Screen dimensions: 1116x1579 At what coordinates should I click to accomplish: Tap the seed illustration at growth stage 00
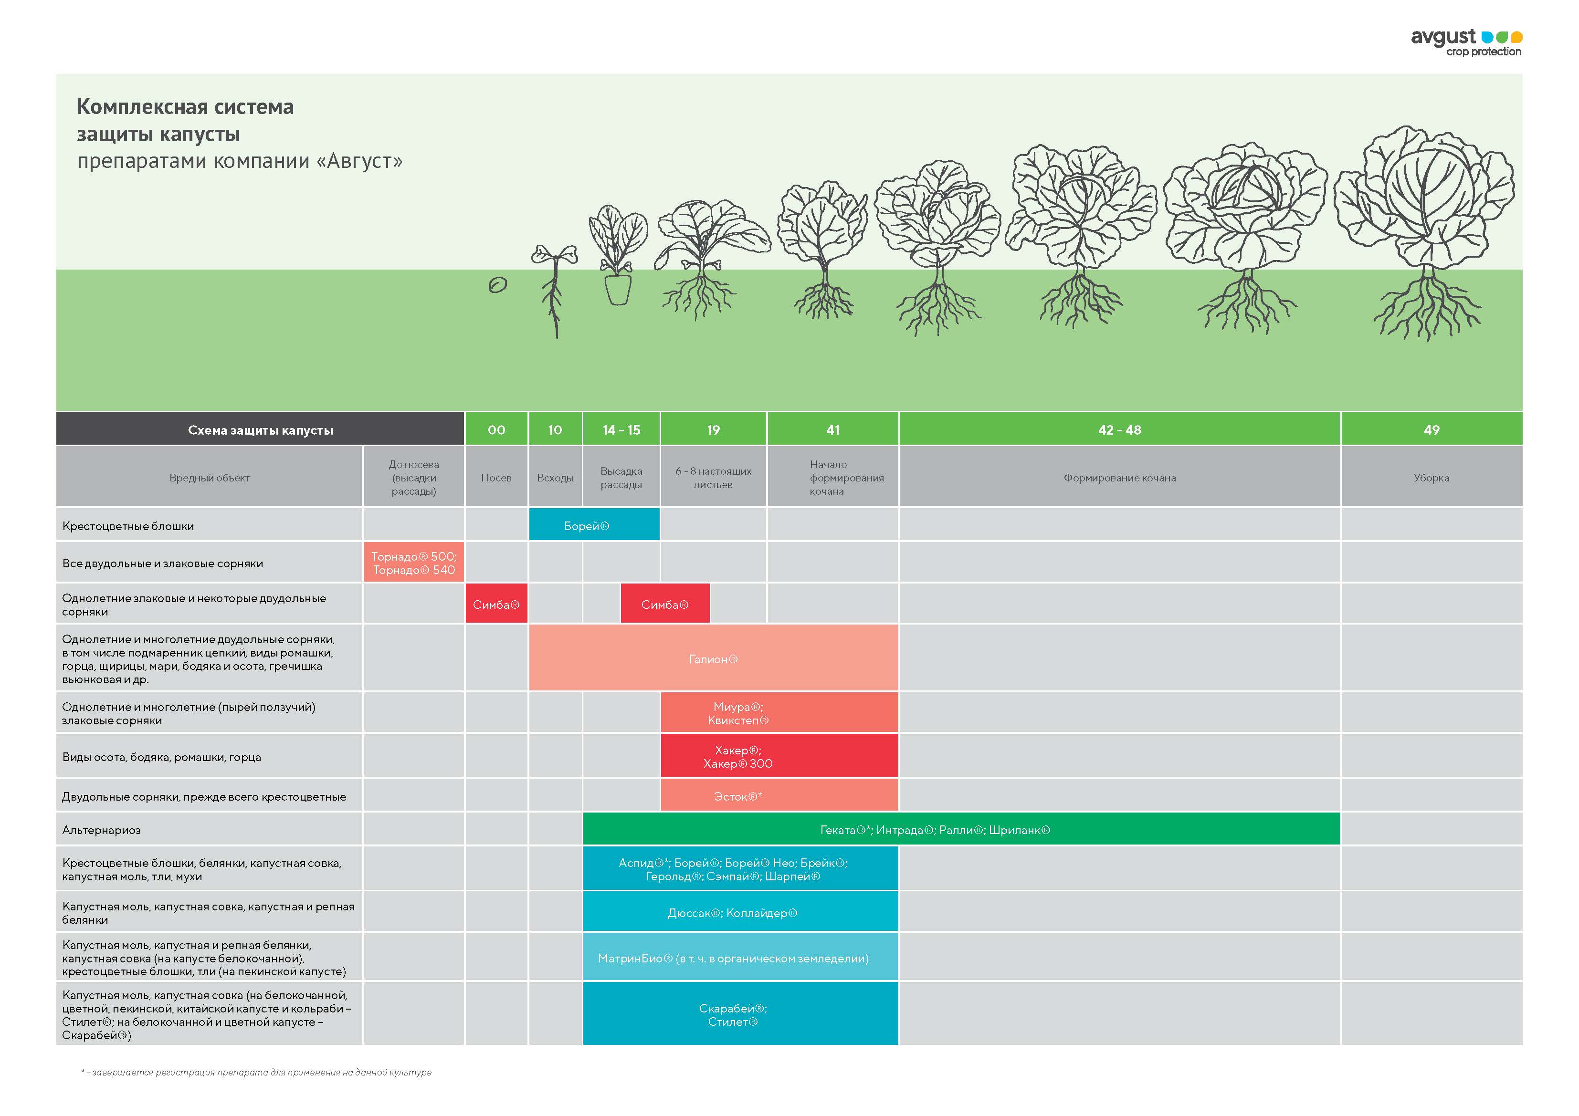[497, 285]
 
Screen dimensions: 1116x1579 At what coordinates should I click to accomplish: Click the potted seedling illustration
[618, 256]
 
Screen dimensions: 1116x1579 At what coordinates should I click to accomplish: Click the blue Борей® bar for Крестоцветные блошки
[593, 526]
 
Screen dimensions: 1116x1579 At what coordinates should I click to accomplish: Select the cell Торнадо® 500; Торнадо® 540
[413, 563]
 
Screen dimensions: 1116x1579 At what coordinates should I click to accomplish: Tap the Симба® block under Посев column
[496, 605]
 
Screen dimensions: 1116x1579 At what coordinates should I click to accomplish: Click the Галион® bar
[713, 659]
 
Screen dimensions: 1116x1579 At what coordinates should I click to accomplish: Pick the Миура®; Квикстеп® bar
[779, 713]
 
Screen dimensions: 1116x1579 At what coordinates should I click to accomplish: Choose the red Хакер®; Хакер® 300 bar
[779, 756]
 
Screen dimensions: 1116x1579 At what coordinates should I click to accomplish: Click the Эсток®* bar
[779, 796]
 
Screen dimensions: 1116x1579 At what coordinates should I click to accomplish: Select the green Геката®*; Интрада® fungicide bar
[961, 830]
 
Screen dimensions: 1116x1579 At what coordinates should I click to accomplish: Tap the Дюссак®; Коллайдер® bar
[740, 912]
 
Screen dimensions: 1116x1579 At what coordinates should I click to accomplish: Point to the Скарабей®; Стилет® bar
[740, 1015]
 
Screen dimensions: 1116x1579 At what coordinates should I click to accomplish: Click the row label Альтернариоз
[102, 830]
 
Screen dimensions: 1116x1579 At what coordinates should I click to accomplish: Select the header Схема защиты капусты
[260, 430]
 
